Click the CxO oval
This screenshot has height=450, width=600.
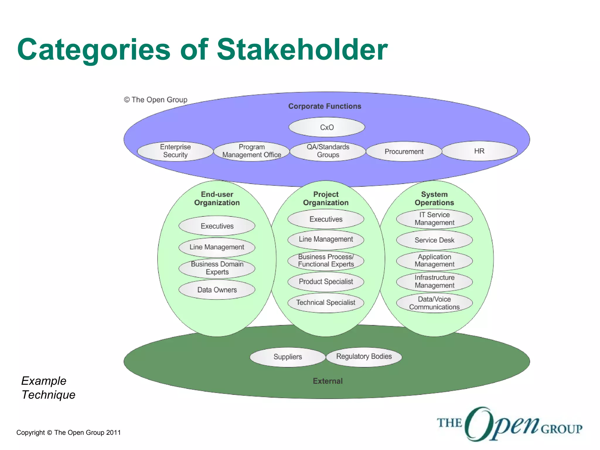tap(327, 127)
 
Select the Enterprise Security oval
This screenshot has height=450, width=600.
tap(175, 151)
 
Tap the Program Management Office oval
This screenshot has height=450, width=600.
tap(252, 151)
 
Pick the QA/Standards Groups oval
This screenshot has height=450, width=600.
tap(328, 151)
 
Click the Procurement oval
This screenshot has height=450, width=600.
tap(404, 151)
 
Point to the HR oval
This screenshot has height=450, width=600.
tap(479, 151)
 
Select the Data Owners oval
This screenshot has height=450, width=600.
tap(217, 290)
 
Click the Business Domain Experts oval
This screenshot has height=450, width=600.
tap(217, 268)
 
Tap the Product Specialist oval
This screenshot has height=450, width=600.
tap(326, 282)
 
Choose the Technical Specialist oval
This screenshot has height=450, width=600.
tap(326, 303)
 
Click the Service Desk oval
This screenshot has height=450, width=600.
tap(434, 240)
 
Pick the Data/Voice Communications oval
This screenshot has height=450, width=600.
tap(434, 303)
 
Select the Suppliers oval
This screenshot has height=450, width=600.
tap(288, 357)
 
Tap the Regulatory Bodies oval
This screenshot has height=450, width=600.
tap(364, 357)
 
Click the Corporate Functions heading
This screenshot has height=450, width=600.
tap(325, 106)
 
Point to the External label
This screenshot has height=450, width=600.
tap(328, 381)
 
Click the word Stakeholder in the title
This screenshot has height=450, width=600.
tap(302, 50)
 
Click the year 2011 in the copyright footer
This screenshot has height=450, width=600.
tap(113, 432)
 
